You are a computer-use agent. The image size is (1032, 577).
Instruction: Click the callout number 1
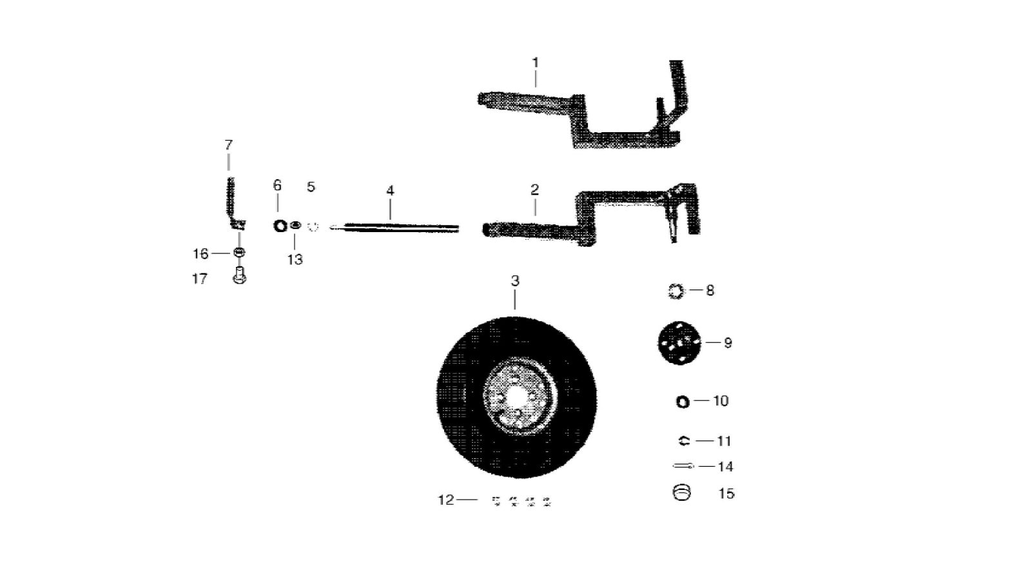click(x=536, y=63)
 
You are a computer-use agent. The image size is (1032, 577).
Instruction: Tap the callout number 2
click(x=534, y=190)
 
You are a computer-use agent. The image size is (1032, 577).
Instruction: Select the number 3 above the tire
click(x=515, y=280)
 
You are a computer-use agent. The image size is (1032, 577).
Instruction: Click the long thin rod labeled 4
click(x=395, y=227)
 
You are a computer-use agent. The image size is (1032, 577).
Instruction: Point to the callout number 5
click(x=311, y=187)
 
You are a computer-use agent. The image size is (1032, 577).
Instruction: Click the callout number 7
click(x=229, y=145)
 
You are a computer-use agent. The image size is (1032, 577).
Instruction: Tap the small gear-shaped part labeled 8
click(x=676, y=291)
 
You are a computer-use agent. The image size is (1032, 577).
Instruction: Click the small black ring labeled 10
click(x=683, y=402)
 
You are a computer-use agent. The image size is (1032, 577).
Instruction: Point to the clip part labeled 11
click(x=684, y=441)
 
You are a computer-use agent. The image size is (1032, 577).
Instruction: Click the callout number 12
click(x=446, y=500)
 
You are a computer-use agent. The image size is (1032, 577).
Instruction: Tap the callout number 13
click(x=295, y=260)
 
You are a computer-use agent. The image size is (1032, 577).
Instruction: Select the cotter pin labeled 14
click(x=683, y=466)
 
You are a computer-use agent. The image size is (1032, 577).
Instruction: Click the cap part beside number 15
click(x=682, y=493)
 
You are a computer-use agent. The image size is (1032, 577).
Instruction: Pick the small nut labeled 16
click(x=239, y=253)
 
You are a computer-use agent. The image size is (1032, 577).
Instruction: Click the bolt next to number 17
click(x=240, y=274)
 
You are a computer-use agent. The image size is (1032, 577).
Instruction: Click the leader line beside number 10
click(x=702, y=400)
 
